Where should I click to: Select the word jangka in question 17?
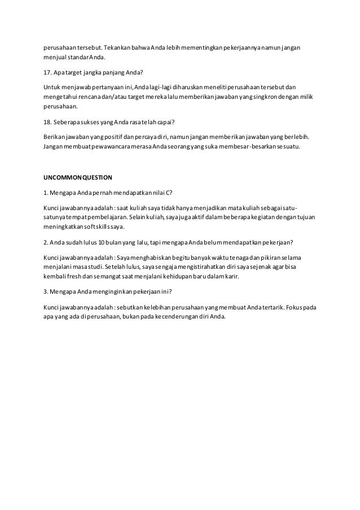pyautogui.click(x=95, y=72)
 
